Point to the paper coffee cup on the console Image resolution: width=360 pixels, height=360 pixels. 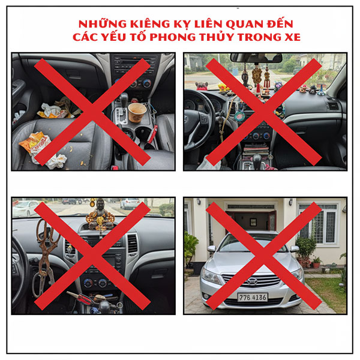point(137,112)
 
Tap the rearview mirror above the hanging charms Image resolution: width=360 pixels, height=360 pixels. point(256,58)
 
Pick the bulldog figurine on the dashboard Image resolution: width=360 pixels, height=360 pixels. point(202,85)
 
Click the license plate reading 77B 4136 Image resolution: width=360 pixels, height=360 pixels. point(252,296)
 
